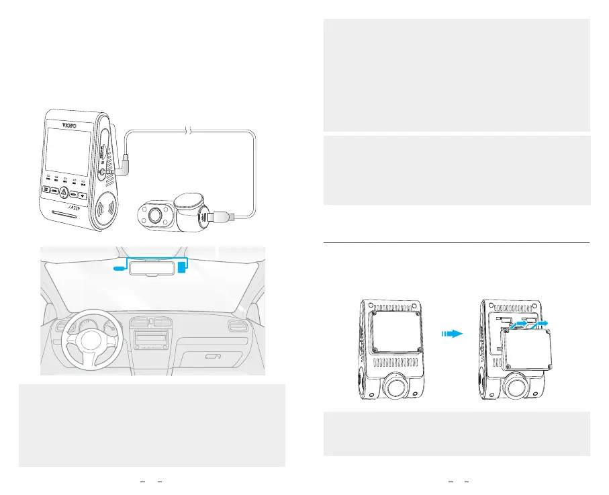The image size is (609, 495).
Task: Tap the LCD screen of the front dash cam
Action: coord(68,152)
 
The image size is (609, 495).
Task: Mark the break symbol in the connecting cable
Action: coord(189,132)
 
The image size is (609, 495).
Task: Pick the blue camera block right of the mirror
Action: coord(182,267)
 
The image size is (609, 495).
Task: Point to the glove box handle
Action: coord(214,356)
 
